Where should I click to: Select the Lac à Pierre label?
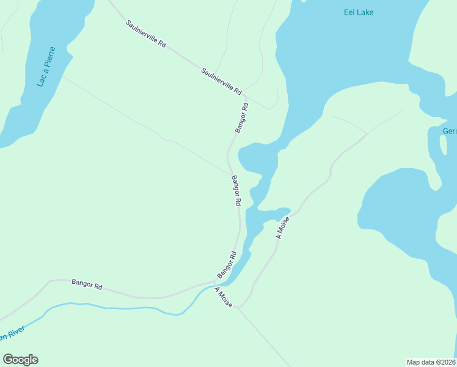click(x=46, y=67)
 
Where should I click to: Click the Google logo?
click(x=20, y=360)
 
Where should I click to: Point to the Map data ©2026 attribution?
click(x=431, y=361)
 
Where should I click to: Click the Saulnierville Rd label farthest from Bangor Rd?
click(x=146, y=35)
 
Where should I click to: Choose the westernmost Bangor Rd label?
click(x=87, y=284)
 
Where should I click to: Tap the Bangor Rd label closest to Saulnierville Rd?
click(x=242, y=118)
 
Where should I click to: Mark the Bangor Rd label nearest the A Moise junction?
click(x=227, y=264)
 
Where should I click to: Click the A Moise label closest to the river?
click(x=224, y=298)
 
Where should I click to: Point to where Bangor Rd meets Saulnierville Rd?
click(x=245, y=97)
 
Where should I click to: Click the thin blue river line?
click(x=122, y=308)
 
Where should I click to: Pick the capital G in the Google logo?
click(x=8, y=360)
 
